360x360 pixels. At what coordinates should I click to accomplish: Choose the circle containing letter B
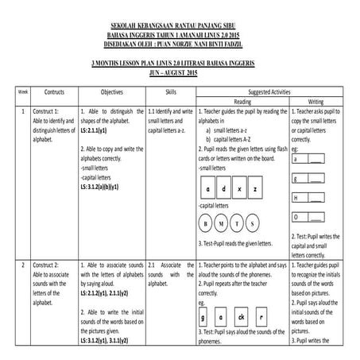click(214, 223)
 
